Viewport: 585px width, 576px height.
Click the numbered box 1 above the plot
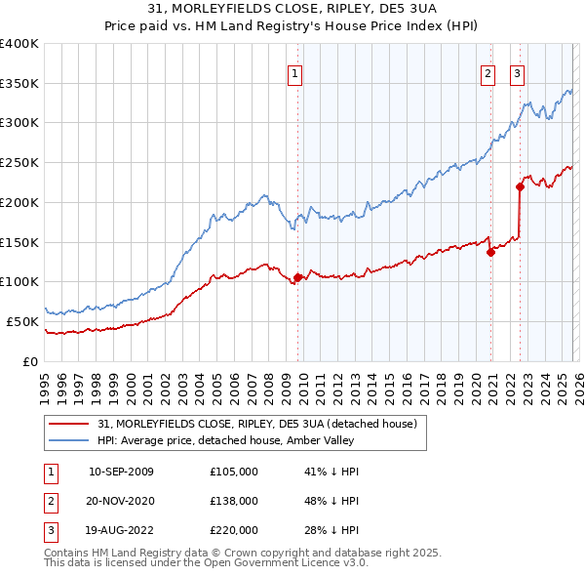coord(294,71)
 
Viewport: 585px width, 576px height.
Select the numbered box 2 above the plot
coord(487,71)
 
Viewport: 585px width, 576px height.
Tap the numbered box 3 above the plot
coord(517,71)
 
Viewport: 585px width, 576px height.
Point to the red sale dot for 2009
coord(297,277)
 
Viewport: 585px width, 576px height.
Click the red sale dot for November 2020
coord(491,252)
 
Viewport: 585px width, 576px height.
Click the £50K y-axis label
coord(22,321)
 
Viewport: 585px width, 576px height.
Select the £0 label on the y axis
coord(31,361)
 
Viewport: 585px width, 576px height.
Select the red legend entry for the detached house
coord(257,424)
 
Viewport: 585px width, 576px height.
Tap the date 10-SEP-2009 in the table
coord(121,472)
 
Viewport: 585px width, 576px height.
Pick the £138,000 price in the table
coord(234,501)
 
